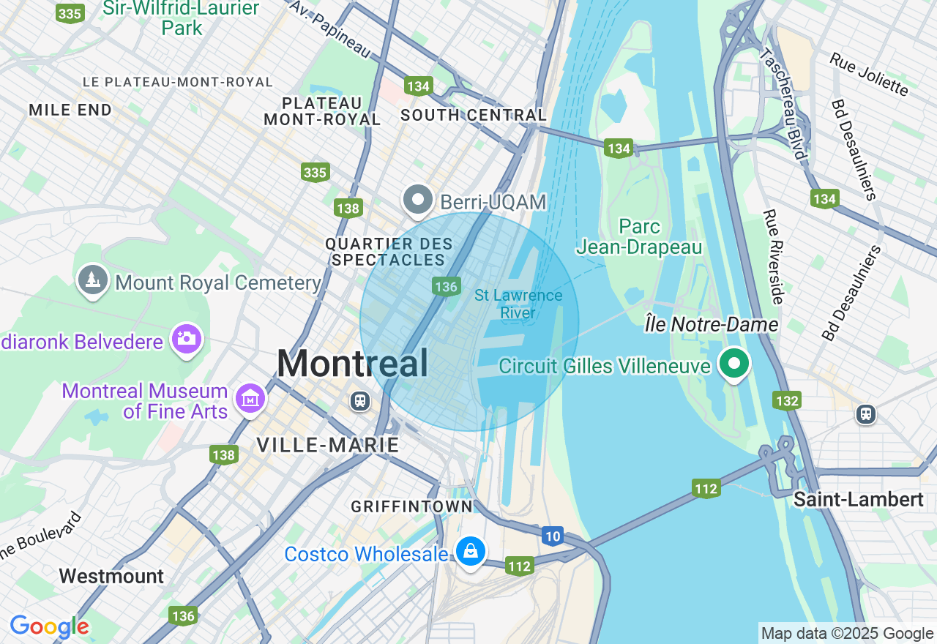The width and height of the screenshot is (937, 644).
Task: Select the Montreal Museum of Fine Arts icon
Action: coord(250,399)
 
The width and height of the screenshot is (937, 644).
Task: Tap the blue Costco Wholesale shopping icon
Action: coord(470,552)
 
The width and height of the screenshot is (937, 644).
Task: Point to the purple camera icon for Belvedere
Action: coord(187,339)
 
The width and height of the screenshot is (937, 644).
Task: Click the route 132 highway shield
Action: coord(787,400)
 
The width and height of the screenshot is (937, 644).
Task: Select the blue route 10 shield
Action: coord(553,536)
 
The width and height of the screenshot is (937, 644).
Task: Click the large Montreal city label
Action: coord(352,364)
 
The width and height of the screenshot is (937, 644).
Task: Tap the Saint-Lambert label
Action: coord(858,500)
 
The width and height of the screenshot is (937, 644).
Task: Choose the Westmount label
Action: coord(111,576)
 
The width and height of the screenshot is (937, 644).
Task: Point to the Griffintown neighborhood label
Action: coord(412,506)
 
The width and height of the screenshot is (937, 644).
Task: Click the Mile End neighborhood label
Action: coord(70,111)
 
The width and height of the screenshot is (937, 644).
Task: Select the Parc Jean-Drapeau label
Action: coord(639,237)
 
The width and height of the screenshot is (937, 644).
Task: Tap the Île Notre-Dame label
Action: coord(712,323)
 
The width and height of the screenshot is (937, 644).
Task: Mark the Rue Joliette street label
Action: coord(869,73)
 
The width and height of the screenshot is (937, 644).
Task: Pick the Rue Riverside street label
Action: coord(773,256)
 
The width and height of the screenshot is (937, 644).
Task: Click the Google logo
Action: coord(49,627)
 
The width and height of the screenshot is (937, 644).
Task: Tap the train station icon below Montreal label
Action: coord(359,400)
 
